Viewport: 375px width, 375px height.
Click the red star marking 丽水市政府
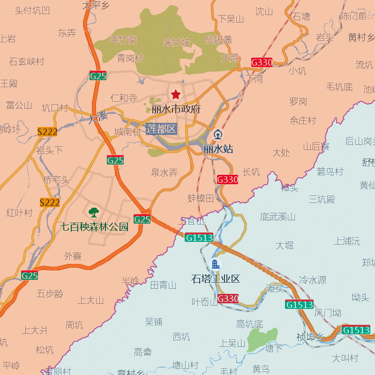pos(176,95)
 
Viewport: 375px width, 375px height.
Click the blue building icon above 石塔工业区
pos(216,264)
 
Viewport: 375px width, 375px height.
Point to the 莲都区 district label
pos(161,129)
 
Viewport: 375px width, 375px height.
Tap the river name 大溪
pos(97,116)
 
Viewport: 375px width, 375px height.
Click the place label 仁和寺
pos(124,98)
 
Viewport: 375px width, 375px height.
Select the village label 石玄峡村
pos(27,61)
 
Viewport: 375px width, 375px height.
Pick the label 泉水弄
pos(165,172)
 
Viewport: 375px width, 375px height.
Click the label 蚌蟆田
pos(201,198)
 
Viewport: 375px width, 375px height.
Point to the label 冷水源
pos(313,280)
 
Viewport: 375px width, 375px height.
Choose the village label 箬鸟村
pos(330,172)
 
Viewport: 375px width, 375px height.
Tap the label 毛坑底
pos(339,87)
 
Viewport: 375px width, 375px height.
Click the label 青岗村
pos(130,58)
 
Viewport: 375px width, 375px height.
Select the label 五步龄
pos(50,294)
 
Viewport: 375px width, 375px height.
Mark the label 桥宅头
pos(56,180)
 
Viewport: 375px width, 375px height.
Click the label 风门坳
pos(328,313)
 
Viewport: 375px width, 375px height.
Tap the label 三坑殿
pos(322,199)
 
